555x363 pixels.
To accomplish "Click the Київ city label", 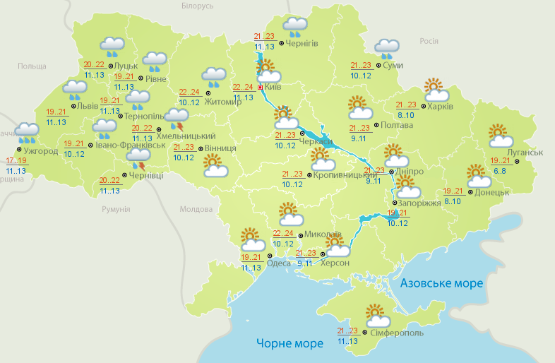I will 273,88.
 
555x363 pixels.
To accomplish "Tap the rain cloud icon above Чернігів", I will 294,27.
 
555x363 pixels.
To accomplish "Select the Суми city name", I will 393,66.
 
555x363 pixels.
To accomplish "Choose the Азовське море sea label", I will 441,283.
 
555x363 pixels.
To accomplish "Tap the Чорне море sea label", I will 290,343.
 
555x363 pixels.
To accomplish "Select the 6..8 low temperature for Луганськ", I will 499,170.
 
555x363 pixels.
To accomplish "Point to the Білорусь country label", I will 196,6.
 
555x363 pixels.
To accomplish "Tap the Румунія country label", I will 116,210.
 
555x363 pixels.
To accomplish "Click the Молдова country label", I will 196,210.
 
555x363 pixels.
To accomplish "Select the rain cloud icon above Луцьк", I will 112,47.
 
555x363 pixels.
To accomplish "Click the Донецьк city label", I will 493,192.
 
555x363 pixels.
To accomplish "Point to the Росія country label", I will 429,41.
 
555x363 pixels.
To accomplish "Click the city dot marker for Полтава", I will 375,126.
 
